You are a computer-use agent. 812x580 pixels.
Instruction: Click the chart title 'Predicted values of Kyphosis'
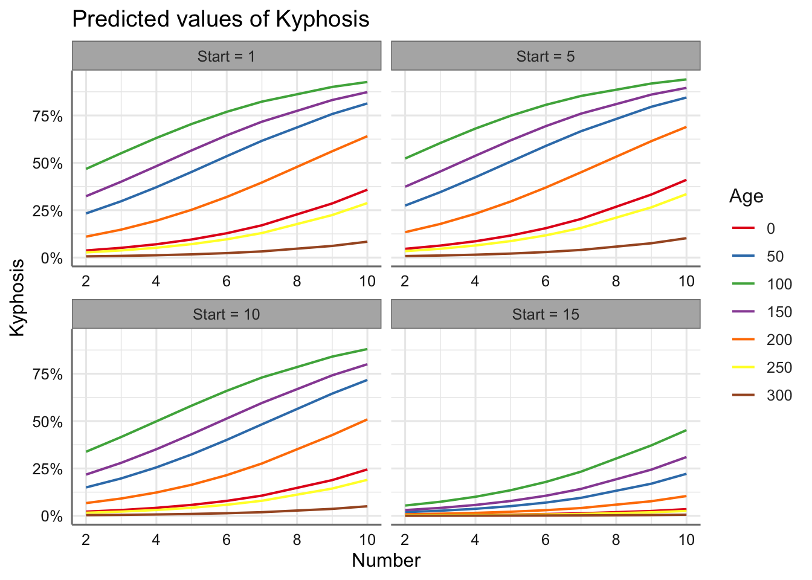click(x=221, y=19)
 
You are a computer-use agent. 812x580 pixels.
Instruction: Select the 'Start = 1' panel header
click(x=227, y=56)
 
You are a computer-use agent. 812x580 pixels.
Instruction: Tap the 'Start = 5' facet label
click(x=546, y=56)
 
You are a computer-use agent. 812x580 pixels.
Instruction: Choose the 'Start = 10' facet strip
click(x=227, y=314)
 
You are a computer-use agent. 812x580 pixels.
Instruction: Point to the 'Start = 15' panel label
click(x=546, y=314)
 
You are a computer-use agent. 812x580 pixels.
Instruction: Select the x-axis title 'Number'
click(x=386, y=561)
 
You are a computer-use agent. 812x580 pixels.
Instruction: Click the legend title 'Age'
click(x=746, y=196)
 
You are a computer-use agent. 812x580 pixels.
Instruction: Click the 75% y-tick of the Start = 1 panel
click(x=48, y=116)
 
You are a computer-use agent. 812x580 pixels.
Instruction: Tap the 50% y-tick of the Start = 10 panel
click(x=48, y=422)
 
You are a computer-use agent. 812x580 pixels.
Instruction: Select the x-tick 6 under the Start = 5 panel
click(x=546, y=281)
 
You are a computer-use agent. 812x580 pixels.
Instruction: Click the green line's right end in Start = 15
click(x=686, y=430)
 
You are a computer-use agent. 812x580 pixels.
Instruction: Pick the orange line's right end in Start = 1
click(x=367, y=137)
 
